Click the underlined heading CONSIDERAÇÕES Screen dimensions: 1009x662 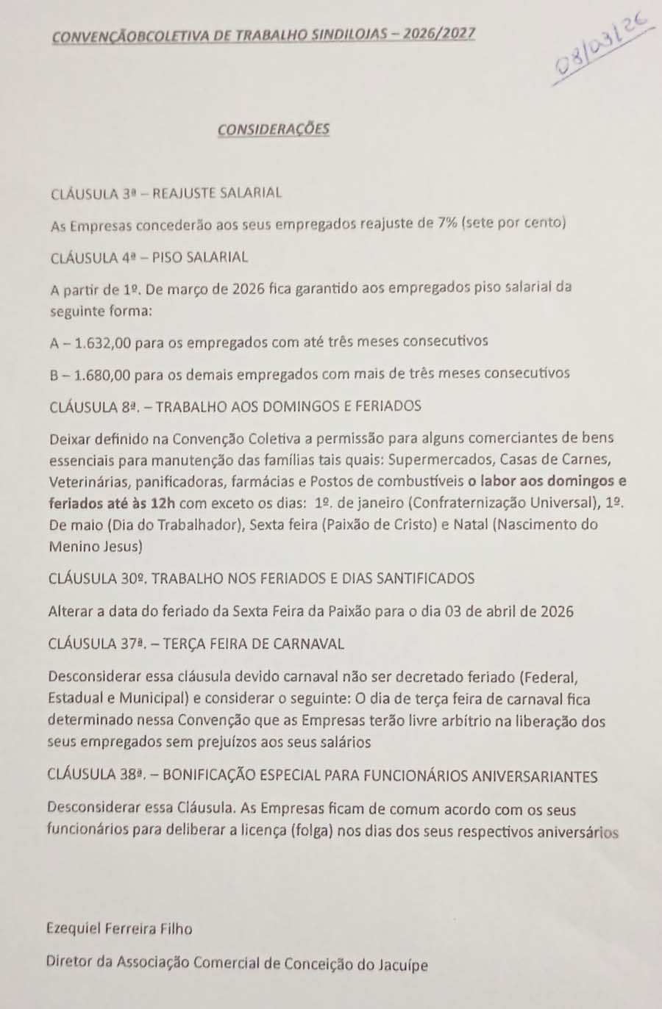274,129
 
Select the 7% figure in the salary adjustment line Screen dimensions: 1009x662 447,223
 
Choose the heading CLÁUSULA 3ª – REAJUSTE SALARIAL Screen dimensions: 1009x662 166,193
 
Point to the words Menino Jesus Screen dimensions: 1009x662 96,547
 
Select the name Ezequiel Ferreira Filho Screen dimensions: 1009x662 119,929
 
